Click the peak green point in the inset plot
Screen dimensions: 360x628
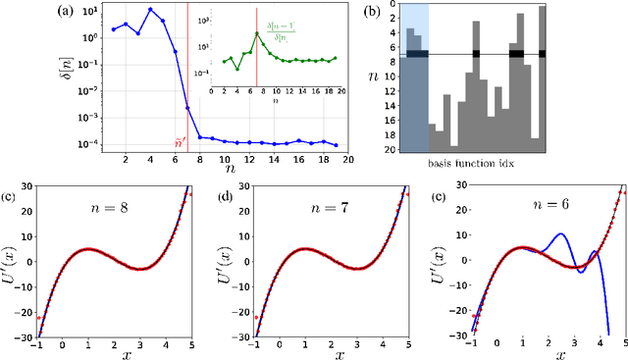pos(257,33)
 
